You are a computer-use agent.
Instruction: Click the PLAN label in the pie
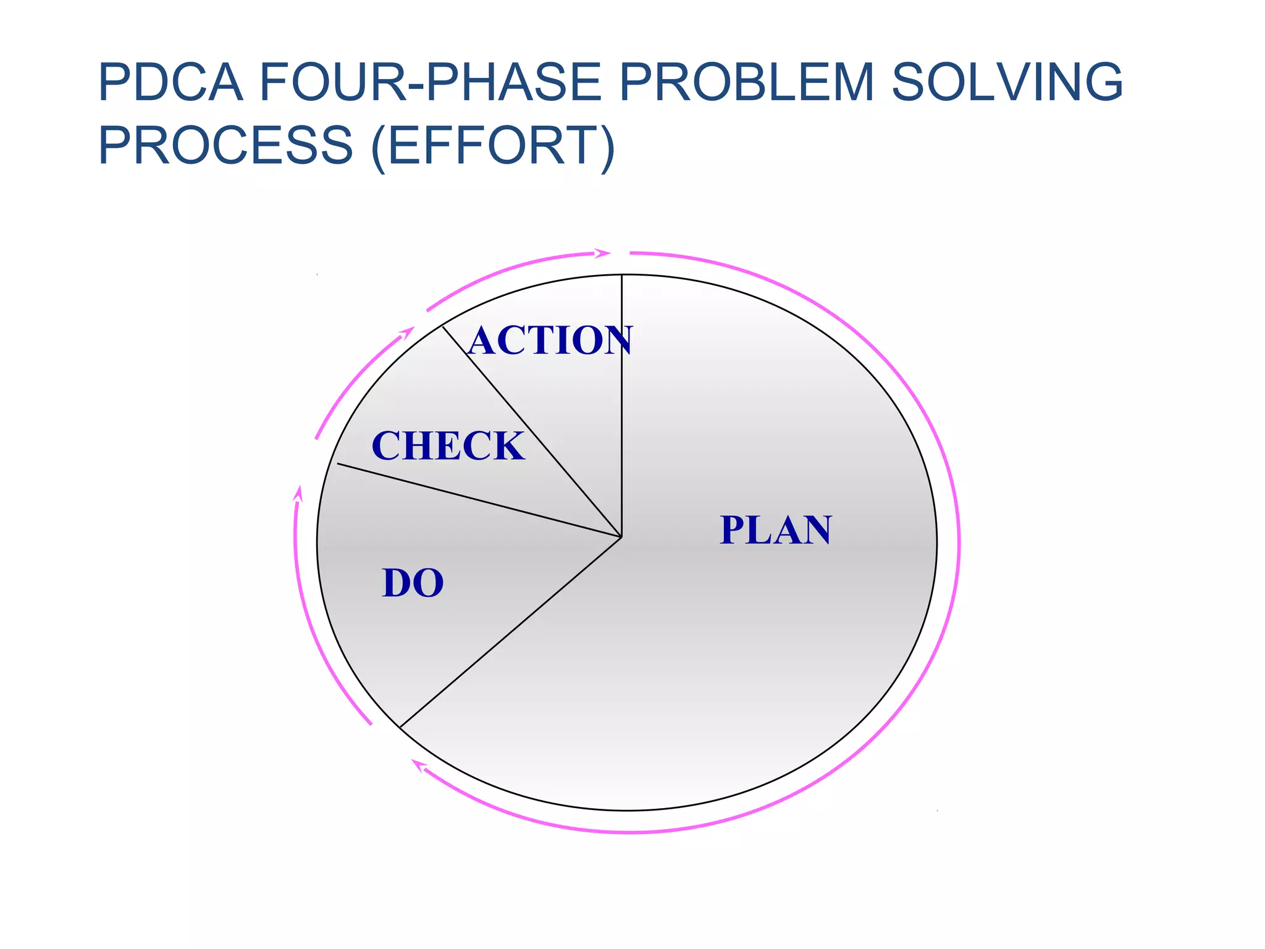pyautogui.click(x=776, y=530)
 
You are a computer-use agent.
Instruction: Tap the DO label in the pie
pyautogui.click(x=413, y=583)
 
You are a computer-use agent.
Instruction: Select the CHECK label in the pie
pyautogui.click(x=448, y=446)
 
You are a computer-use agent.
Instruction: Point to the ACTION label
pyautogui.click(x=550, y=340)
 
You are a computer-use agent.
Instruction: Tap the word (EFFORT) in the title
pyautogui.click(x=493, y=146)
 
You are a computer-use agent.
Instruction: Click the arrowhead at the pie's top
pyautogui.click(x=602, y=253)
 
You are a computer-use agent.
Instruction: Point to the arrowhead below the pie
pyautogui.click(x=419, y=766)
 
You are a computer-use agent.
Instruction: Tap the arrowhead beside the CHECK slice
pyautogui.click(x=406, y=332)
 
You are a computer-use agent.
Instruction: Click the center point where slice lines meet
pyautogui.click(x=621, y=537)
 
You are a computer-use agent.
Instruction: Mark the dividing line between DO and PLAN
pyautogui.click(x=510, y=632)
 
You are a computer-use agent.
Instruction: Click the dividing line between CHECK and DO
pyautogui.click(x=479, y=500)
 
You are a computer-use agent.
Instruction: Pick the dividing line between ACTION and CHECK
pyautogui.click(x=531, y=431)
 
